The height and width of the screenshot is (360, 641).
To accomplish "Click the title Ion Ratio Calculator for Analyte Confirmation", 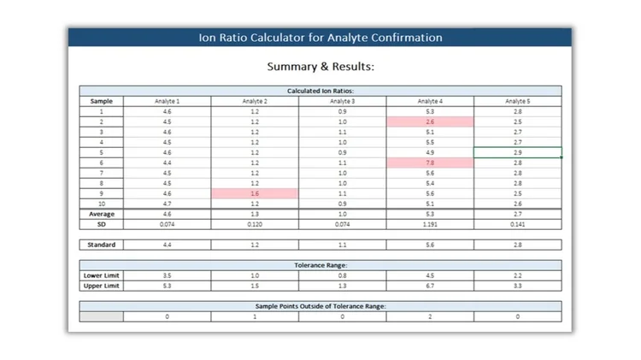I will [320, 38].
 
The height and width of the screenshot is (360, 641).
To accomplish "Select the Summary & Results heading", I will [320, 66].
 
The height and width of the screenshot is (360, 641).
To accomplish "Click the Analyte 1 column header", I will [167, 101].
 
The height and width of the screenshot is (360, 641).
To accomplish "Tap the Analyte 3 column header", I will [342, 101].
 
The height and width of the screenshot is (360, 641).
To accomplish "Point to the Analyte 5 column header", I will [517, 101].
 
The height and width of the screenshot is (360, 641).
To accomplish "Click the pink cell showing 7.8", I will [430, 162].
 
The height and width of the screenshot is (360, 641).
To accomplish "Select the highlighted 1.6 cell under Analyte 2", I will [255, 193].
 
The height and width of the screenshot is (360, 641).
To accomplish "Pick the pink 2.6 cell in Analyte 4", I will [430, 121].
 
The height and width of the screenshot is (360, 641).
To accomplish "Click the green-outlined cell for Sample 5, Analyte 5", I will [517, 152].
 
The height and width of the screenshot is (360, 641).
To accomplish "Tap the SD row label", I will [102, 224].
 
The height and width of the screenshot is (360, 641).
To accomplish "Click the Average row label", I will [102, 214].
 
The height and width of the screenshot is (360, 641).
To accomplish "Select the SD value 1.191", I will [430, 224].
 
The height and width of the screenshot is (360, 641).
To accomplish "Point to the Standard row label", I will [102, 245].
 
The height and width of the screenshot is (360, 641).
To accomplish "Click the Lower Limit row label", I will [102, 276].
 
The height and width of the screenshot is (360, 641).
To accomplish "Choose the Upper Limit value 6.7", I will [430, 286].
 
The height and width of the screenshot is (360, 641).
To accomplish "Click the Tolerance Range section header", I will [320, 265].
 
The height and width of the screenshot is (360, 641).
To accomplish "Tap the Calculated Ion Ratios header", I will [320, 91].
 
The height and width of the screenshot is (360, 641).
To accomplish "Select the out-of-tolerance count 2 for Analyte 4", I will [430, 316].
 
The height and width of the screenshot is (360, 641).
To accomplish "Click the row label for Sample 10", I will [102, 204].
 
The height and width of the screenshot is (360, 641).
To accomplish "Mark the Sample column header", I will [102, 101].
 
